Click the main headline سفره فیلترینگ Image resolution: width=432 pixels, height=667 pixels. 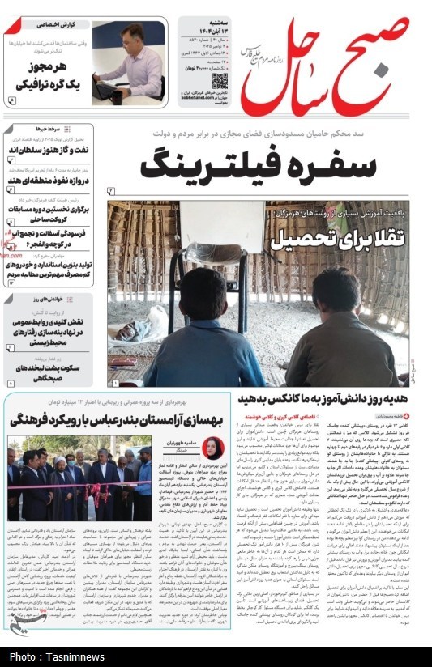pyautogui.click(x=258, y=165)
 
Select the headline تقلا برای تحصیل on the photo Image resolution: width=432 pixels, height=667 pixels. pyautogui.click(x=325, y=239)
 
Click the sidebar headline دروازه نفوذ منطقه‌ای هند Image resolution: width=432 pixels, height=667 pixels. pyautogui.click(x=50, y=178)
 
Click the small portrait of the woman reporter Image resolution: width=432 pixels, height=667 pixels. pyautogui.click(x=213, y=448)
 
